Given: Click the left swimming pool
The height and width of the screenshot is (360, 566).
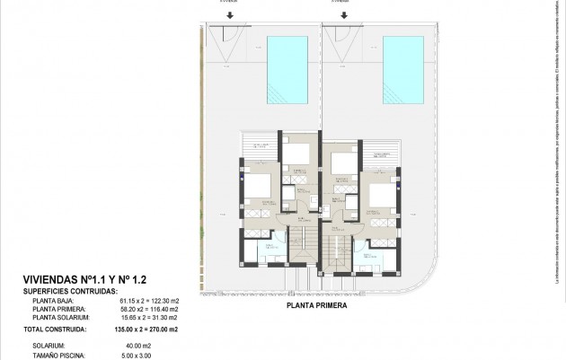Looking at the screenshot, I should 287,69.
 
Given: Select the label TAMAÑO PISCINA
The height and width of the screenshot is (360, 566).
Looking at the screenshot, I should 57,354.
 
